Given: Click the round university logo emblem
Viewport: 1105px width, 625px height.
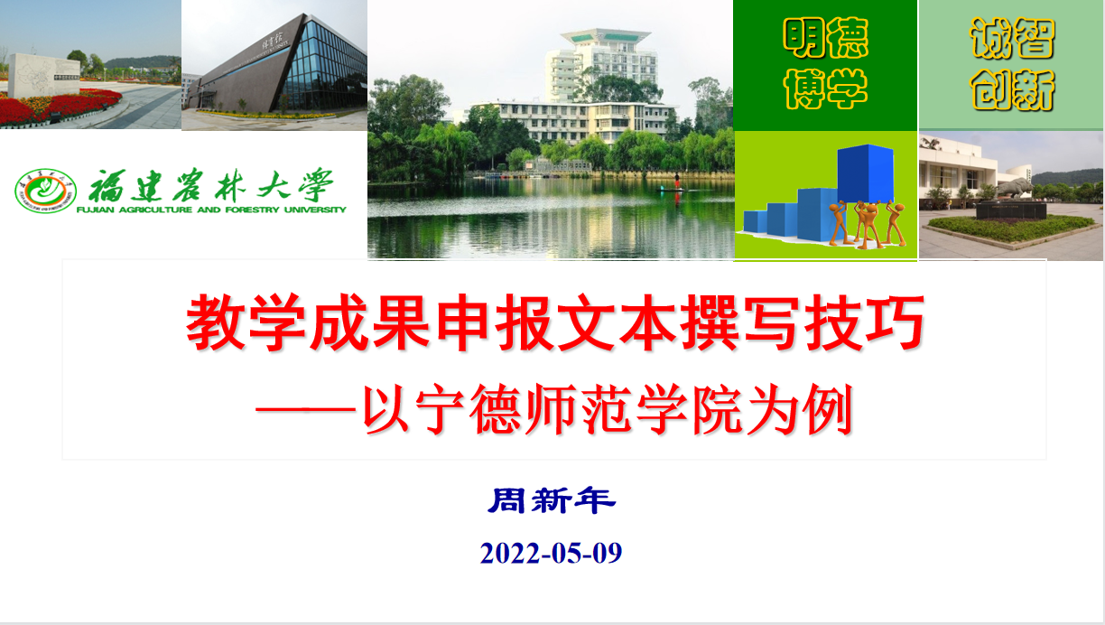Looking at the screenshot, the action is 45,191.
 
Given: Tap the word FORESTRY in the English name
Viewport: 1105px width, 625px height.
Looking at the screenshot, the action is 252,210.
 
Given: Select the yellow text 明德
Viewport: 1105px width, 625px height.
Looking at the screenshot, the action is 825,38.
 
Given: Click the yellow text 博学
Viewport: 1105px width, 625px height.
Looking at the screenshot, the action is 825,89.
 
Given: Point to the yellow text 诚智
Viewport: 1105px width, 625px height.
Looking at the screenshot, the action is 1012,38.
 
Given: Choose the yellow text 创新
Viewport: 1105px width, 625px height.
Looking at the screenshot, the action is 1012,89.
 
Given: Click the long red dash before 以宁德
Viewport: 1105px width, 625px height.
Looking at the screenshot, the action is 305,410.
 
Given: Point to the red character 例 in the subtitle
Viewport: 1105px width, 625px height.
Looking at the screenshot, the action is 828,409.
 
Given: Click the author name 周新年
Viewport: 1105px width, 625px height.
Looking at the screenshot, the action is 552,500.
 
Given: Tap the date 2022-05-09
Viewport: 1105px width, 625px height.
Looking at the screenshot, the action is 551,553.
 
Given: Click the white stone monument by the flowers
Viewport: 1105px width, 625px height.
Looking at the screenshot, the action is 43,75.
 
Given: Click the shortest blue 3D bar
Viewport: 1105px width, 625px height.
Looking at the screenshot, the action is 755,221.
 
